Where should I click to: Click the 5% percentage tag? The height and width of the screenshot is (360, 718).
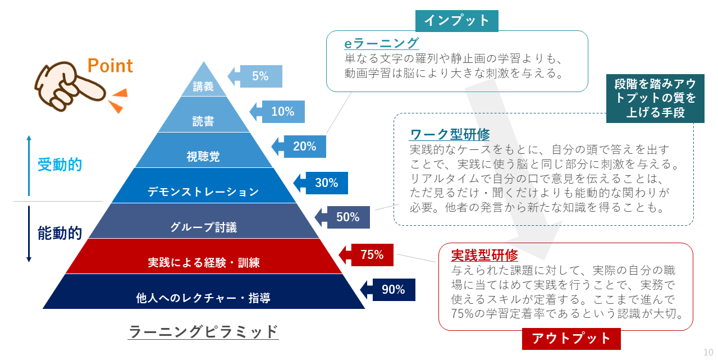coord(255,76)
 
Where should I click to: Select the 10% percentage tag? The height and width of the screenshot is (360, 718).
coord(277,112)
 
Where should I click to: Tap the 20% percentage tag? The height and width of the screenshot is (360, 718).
coord(299,147)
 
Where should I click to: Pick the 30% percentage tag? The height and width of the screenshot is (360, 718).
coord(321,183)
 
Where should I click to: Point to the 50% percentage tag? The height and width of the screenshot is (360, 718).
coord(342,217)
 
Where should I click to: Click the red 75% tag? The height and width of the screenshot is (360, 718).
coord(366,255)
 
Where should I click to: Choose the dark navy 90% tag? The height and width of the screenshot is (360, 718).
coord(388,290)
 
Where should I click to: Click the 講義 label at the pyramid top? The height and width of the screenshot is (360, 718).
coord(203,86)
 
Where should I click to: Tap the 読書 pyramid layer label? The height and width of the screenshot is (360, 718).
coord(203,121)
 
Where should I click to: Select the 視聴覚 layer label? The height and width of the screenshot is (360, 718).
coord(203,157)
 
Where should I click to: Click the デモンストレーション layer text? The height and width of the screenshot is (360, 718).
coord(203,192)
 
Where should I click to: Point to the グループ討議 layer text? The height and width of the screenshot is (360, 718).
coord(204,227)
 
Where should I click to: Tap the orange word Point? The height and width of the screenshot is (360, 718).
coord(110,66)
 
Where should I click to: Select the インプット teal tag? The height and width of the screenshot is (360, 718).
coord(457,21)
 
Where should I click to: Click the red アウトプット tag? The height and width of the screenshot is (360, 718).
coord(571,339)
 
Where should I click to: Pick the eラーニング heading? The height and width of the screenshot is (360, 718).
coord(381,43)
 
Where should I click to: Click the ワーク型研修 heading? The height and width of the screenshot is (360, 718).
coord(450,134)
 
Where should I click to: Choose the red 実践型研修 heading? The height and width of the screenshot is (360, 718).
coord(484,255)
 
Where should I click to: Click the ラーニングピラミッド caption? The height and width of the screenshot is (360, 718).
coord(203,331)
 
